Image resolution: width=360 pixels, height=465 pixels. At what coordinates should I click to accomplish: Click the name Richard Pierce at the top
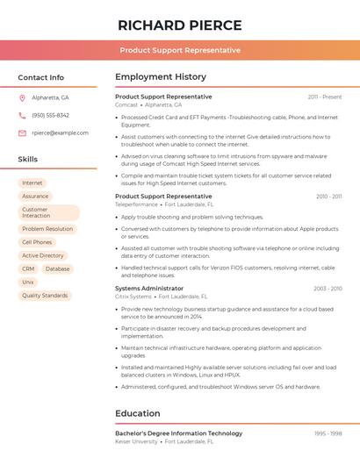click(180, 24)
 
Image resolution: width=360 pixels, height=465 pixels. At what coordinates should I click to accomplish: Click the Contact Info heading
click(41, 77)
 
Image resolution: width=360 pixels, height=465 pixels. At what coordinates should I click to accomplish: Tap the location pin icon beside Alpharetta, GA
click(22, 97)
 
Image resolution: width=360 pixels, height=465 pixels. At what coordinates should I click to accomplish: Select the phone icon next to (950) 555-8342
click(22, 115)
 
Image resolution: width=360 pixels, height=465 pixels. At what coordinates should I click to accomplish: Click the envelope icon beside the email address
click(22, 132)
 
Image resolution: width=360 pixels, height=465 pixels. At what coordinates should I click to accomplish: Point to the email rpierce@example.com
click(60, 132)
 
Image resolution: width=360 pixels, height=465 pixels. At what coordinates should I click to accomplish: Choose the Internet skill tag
click(32, 182)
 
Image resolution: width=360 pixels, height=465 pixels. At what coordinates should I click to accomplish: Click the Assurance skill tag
click(35, 196)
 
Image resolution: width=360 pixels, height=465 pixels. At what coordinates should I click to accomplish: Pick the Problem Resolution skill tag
click(47, 229)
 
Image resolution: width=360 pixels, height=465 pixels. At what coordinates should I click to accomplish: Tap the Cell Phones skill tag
click(37, 242)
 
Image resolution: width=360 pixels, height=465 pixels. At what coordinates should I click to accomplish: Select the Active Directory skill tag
click(43, 255)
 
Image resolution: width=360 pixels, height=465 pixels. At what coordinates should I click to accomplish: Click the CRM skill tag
click(28, 268)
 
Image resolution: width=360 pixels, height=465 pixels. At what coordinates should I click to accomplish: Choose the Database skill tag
click(57, 268)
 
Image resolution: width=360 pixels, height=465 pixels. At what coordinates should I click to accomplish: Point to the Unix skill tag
click(28, 282)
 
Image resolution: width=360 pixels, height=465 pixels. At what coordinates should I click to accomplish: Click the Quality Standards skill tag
click(45, 296)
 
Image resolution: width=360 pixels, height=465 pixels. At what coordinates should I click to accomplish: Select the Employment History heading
click(161, 77)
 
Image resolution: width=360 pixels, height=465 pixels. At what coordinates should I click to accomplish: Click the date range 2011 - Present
click(325, 97)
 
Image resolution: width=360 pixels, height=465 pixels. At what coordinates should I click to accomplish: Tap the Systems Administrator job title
click(149, 288)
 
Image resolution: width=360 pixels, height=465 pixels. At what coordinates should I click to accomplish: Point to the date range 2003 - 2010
click(328, 288)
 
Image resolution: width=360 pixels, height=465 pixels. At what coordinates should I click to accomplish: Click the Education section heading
click(138, 413)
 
